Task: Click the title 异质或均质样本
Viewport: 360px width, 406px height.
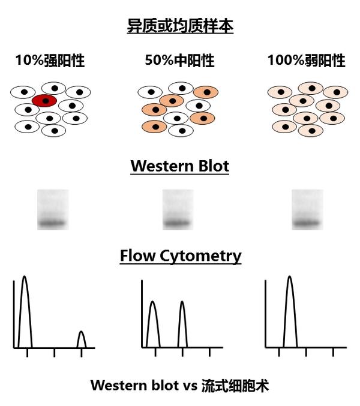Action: [180, 26]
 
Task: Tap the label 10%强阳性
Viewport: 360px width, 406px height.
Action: [50, 61]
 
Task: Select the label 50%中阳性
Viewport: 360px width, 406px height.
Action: [179, 61]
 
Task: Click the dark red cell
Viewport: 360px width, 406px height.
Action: [44, 101]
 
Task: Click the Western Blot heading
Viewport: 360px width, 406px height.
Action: [179, 166]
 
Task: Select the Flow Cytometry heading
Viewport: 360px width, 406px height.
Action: [180, 256]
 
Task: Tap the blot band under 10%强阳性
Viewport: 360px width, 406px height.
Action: [53, 224]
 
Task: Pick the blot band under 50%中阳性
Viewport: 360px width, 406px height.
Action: [178, 224]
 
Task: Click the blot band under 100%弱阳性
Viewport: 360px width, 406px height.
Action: [307, 224]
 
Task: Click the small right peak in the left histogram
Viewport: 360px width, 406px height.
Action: [82, 339]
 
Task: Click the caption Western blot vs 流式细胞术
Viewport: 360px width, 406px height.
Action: [179, 386]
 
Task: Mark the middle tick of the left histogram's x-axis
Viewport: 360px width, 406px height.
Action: [55, 352]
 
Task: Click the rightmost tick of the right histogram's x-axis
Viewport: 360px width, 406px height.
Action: [333, 352]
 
